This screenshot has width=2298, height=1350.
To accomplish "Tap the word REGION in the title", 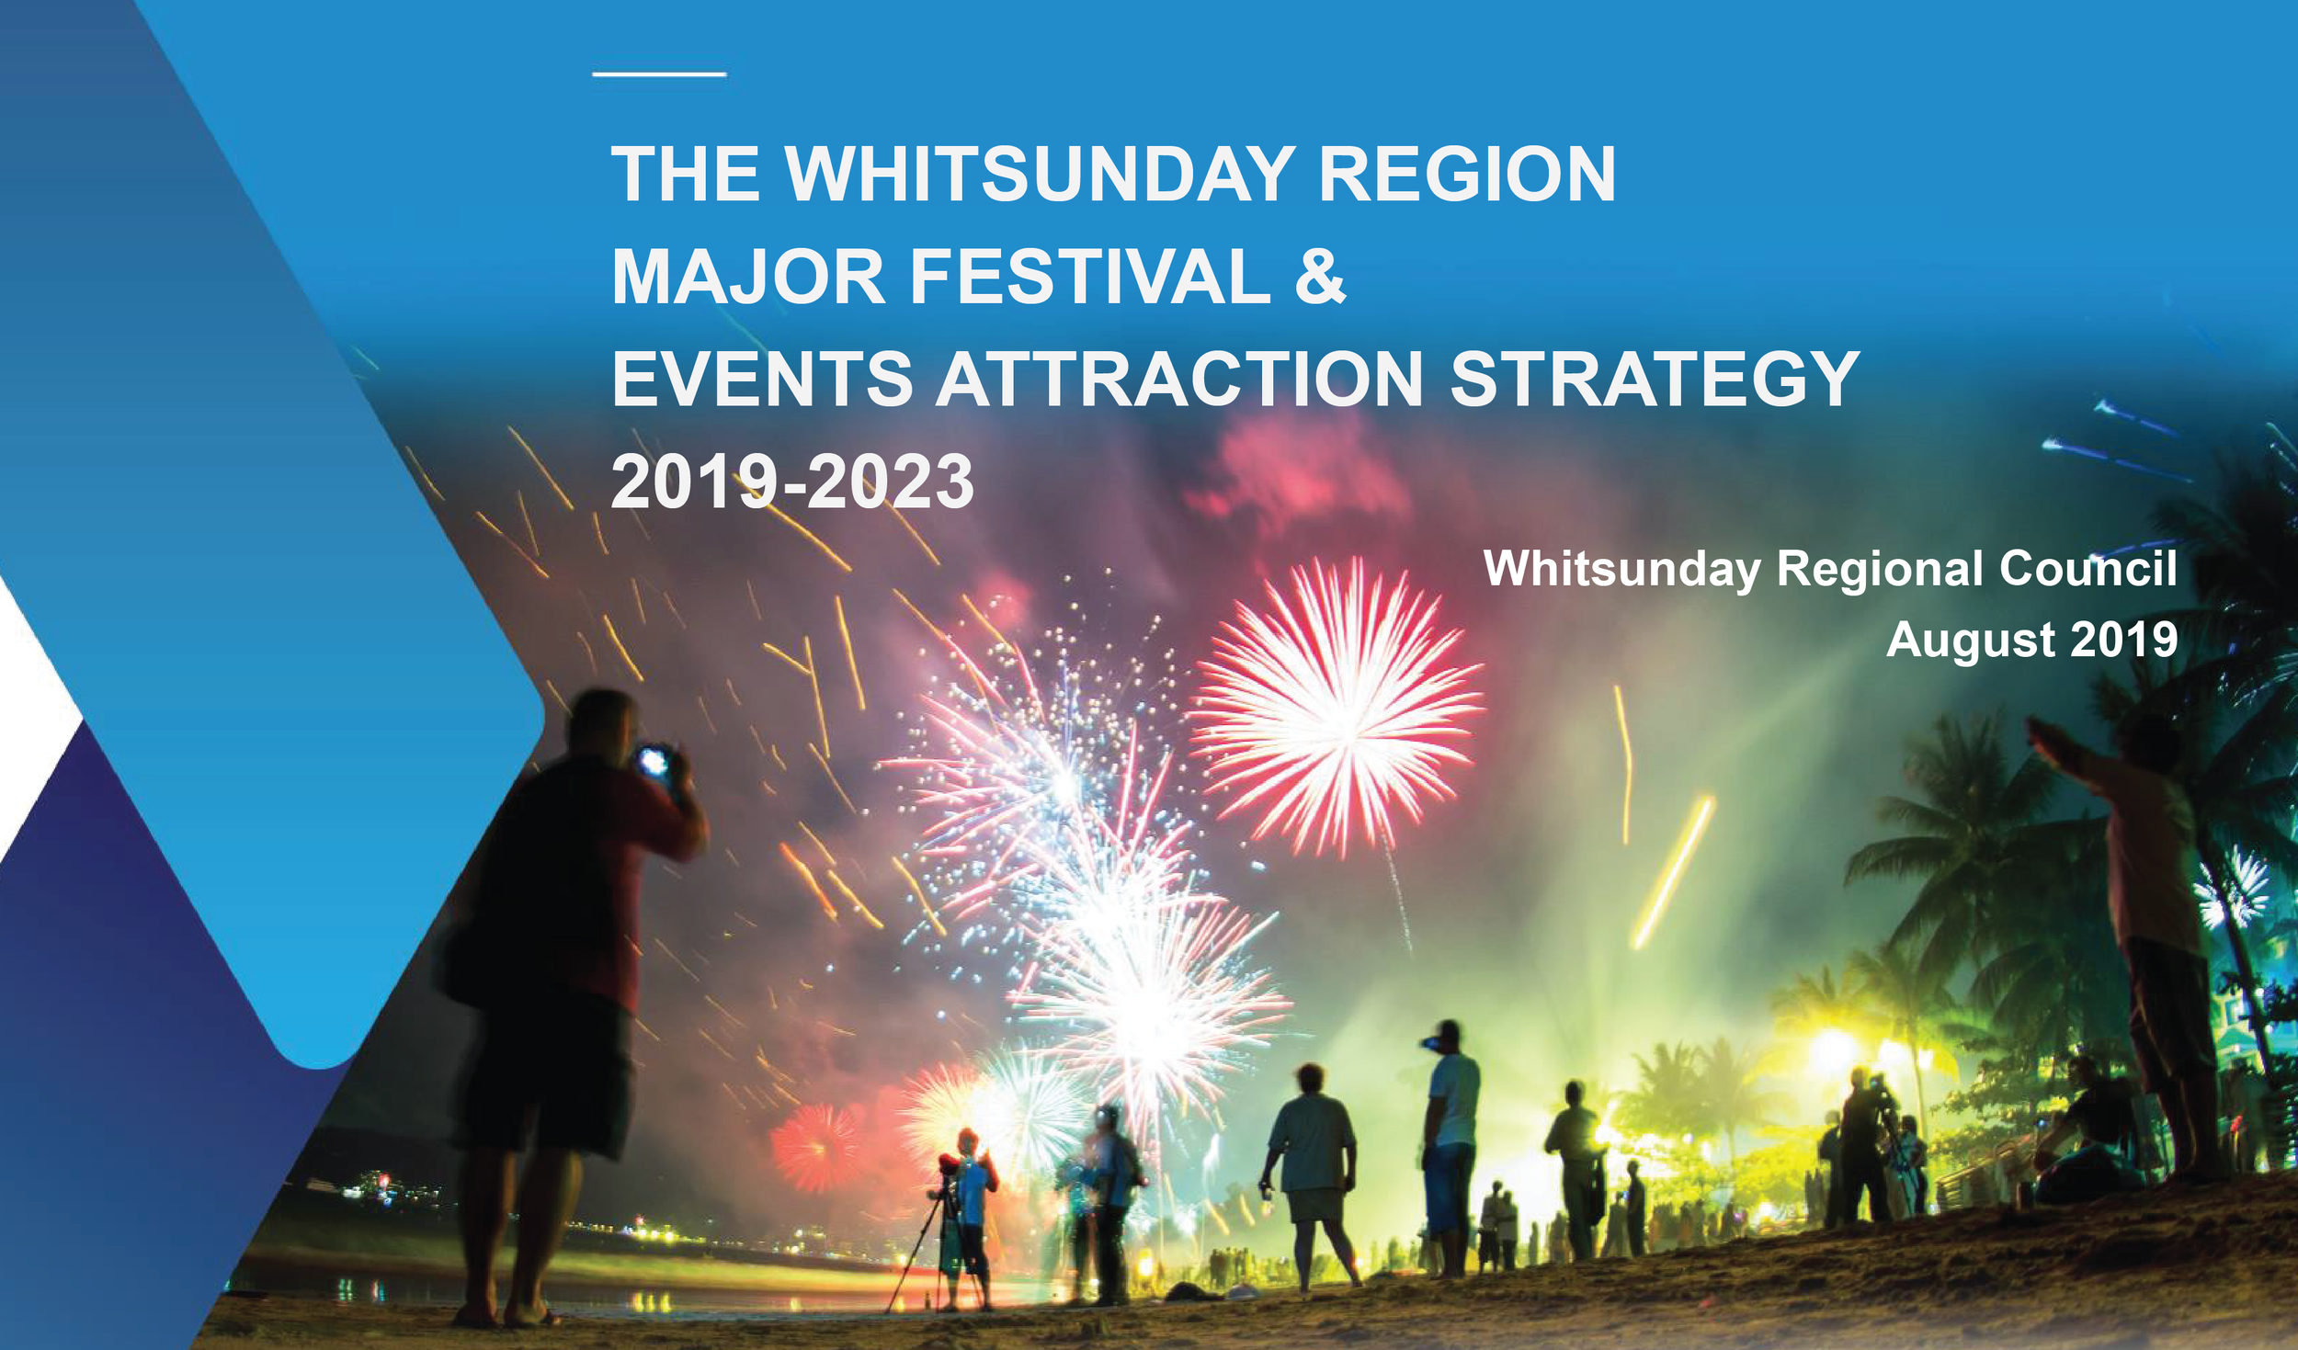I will (x=1467, y=174).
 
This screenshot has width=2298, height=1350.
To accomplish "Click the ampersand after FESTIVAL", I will (x=1321, y=277).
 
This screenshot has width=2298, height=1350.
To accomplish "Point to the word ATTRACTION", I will (x=1179, y=380).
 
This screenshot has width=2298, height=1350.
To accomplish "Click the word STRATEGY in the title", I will (x=1655, y=380).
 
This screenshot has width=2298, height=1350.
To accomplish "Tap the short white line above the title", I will (x=659, y=74).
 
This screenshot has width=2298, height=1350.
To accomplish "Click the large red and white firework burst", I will (x=1337, y=708).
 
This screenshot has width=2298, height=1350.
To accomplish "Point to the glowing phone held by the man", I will (x=654, y=761).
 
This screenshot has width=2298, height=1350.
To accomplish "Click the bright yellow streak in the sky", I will (x=1673, y=873).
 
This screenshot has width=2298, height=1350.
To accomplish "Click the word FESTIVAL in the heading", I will (x=1089, y=277).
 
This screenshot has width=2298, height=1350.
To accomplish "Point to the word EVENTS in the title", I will (x=762, y=380).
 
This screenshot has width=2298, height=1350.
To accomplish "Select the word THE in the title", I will (x=686, y=174).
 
